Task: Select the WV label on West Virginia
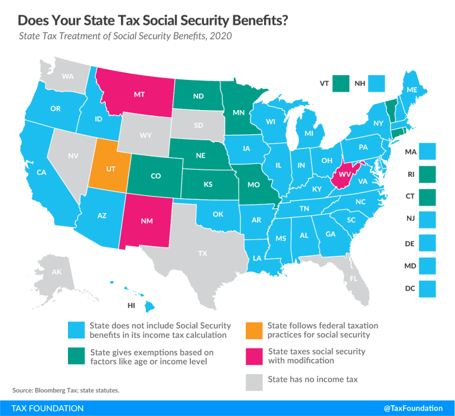[x=343, y=176]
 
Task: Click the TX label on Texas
[x=202, y=253]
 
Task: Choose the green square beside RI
[x=426, y=175]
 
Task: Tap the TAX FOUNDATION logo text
[x=47, y=408]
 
